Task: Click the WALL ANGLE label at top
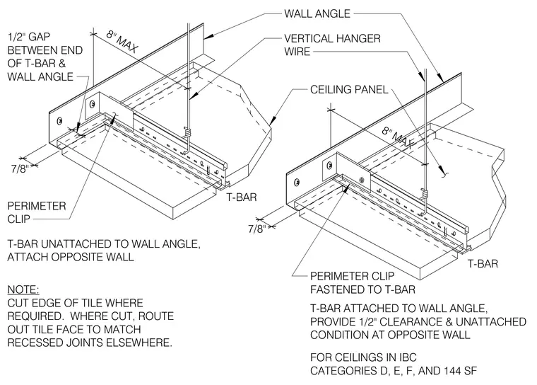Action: (x=317, y=13)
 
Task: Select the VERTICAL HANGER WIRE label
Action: (x=332, y=45)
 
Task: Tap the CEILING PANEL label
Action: (x=349, y=90)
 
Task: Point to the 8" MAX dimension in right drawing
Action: (x=398, y=138)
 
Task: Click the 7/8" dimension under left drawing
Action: (x=20, y=169)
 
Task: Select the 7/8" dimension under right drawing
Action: (x=257, y=229)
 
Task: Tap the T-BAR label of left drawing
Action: (x=242, y=197)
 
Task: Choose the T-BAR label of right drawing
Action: (x=483, y=263)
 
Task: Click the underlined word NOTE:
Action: (x=23, y=289)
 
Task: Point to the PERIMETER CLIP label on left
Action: (x=37, y=212)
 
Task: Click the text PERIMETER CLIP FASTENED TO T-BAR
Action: (x=362, y=283)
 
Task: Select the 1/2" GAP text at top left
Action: (x=29, y=37)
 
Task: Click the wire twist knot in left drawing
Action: (x=187, y=132)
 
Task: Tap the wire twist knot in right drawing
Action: (x=425, y=193)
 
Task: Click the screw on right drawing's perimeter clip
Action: (x=362, y=180)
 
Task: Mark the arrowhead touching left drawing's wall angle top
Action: (x=209, y=35)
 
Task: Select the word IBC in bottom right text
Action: (x=408, y=357)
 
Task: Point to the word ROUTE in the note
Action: (x=156, y=316)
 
